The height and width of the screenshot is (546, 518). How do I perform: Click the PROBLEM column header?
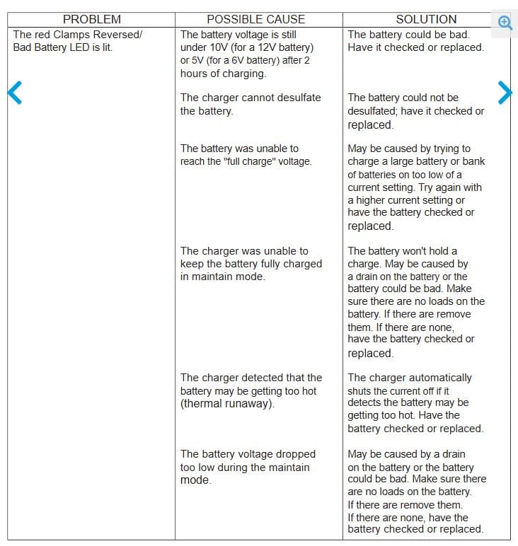coord(91,20)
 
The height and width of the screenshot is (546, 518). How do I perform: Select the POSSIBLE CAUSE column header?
coord(255,20)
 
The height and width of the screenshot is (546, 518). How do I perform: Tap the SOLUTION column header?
coord(426,20)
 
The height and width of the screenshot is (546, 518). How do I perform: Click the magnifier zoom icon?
coord(505,22)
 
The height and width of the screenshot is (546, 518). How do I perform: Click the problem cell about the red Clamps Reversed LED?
coord(77,40)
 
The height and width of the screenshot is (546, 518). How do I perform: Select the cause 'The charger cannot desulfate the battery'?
coord(250,104)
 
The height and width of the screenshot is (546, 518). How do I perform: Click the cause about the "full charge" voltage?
coord(246,155)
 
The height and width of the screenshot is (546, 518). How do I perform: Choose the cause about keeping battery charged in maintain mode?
coord(251,263)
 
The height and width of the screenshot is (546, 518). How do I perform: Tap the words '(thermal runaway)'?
coord(227,404)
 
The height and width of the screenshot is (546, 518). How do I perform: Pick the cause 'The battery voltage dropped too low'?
coord(248,467)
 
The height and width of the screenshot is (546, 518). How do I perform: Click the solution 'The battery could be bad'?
coord(415,40)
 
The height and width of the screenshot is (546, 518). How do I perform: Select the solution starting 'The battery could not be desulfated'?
coord(415,111)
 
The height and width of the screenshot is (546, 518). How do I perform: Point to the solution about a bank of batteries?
coord(415,187)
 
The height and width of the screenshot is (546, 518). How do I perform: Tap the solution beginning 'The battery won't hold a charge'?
coord(415,302)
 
